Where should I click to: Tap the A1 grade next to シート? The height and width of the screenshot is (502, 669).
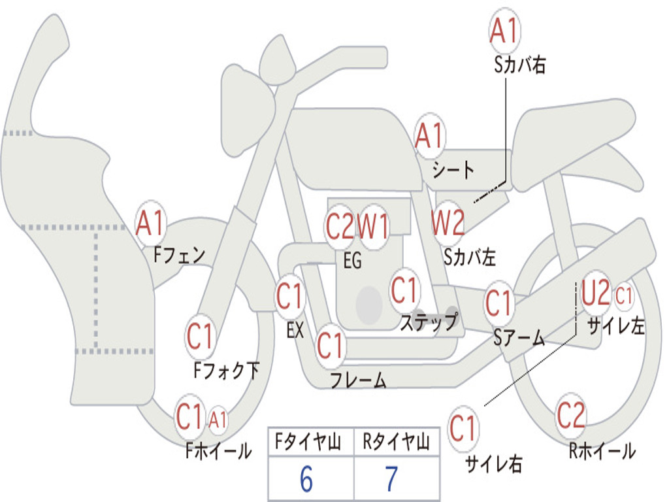429,137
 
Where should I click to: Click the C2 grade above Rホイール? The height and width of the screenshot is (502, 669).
570,415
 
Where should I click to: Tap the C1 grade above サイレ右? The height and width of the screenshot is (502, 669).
463,429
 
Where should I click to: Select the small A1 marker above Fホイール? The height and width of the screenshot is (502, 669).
218,419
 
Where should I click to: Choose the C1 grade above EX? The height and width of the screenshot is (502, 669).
289,297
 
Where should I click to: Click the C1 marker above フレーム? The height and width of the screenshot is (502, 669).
330,344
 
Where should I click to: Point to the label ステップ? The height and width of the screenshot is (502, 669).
429,322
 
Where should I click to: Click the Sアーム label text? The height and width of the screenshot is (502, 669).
519,338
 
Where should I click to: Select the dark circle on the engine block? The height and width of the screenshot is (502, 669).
369,303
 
